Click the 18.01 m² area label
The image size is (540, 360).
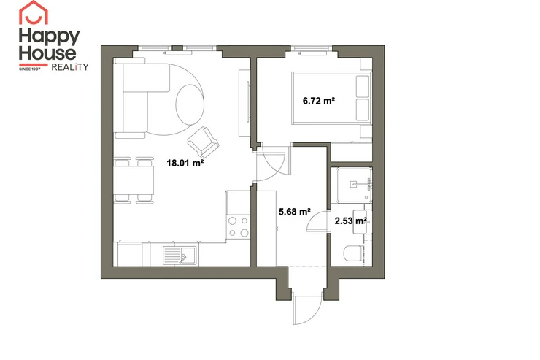(185, 163)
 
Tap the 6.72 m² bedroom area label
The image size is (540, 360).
(319, 101)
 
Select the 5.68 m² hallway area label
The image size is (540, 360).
(295, 212)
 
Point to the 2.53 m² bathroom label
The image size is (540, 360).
(350, 221)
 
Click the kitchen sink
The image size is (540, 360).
(180, 256)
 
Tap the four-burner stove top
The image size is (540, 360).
(239, 226)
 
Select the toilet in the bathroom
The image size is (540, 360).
(353, 253)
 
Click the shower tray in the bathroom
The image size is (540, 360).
(354, 185)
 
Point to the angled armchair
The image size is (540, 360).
(203, 142)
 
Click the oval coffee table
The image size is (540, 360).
(190, 104)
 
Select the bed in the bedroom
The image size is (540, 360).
(331, 98)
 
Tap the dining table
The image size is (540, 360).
(134, 180)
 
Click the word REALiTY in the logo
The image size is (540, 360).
(70, 67)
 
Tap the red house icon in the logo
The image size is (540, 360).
(34, 12)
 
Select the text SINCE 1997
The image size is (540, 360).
(30, 69)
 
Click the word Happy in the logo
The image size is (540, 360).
(49, 37)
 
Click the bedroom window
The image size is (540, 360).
(312, 50)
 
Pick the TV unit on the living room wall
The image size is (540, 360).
(244, 103)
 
